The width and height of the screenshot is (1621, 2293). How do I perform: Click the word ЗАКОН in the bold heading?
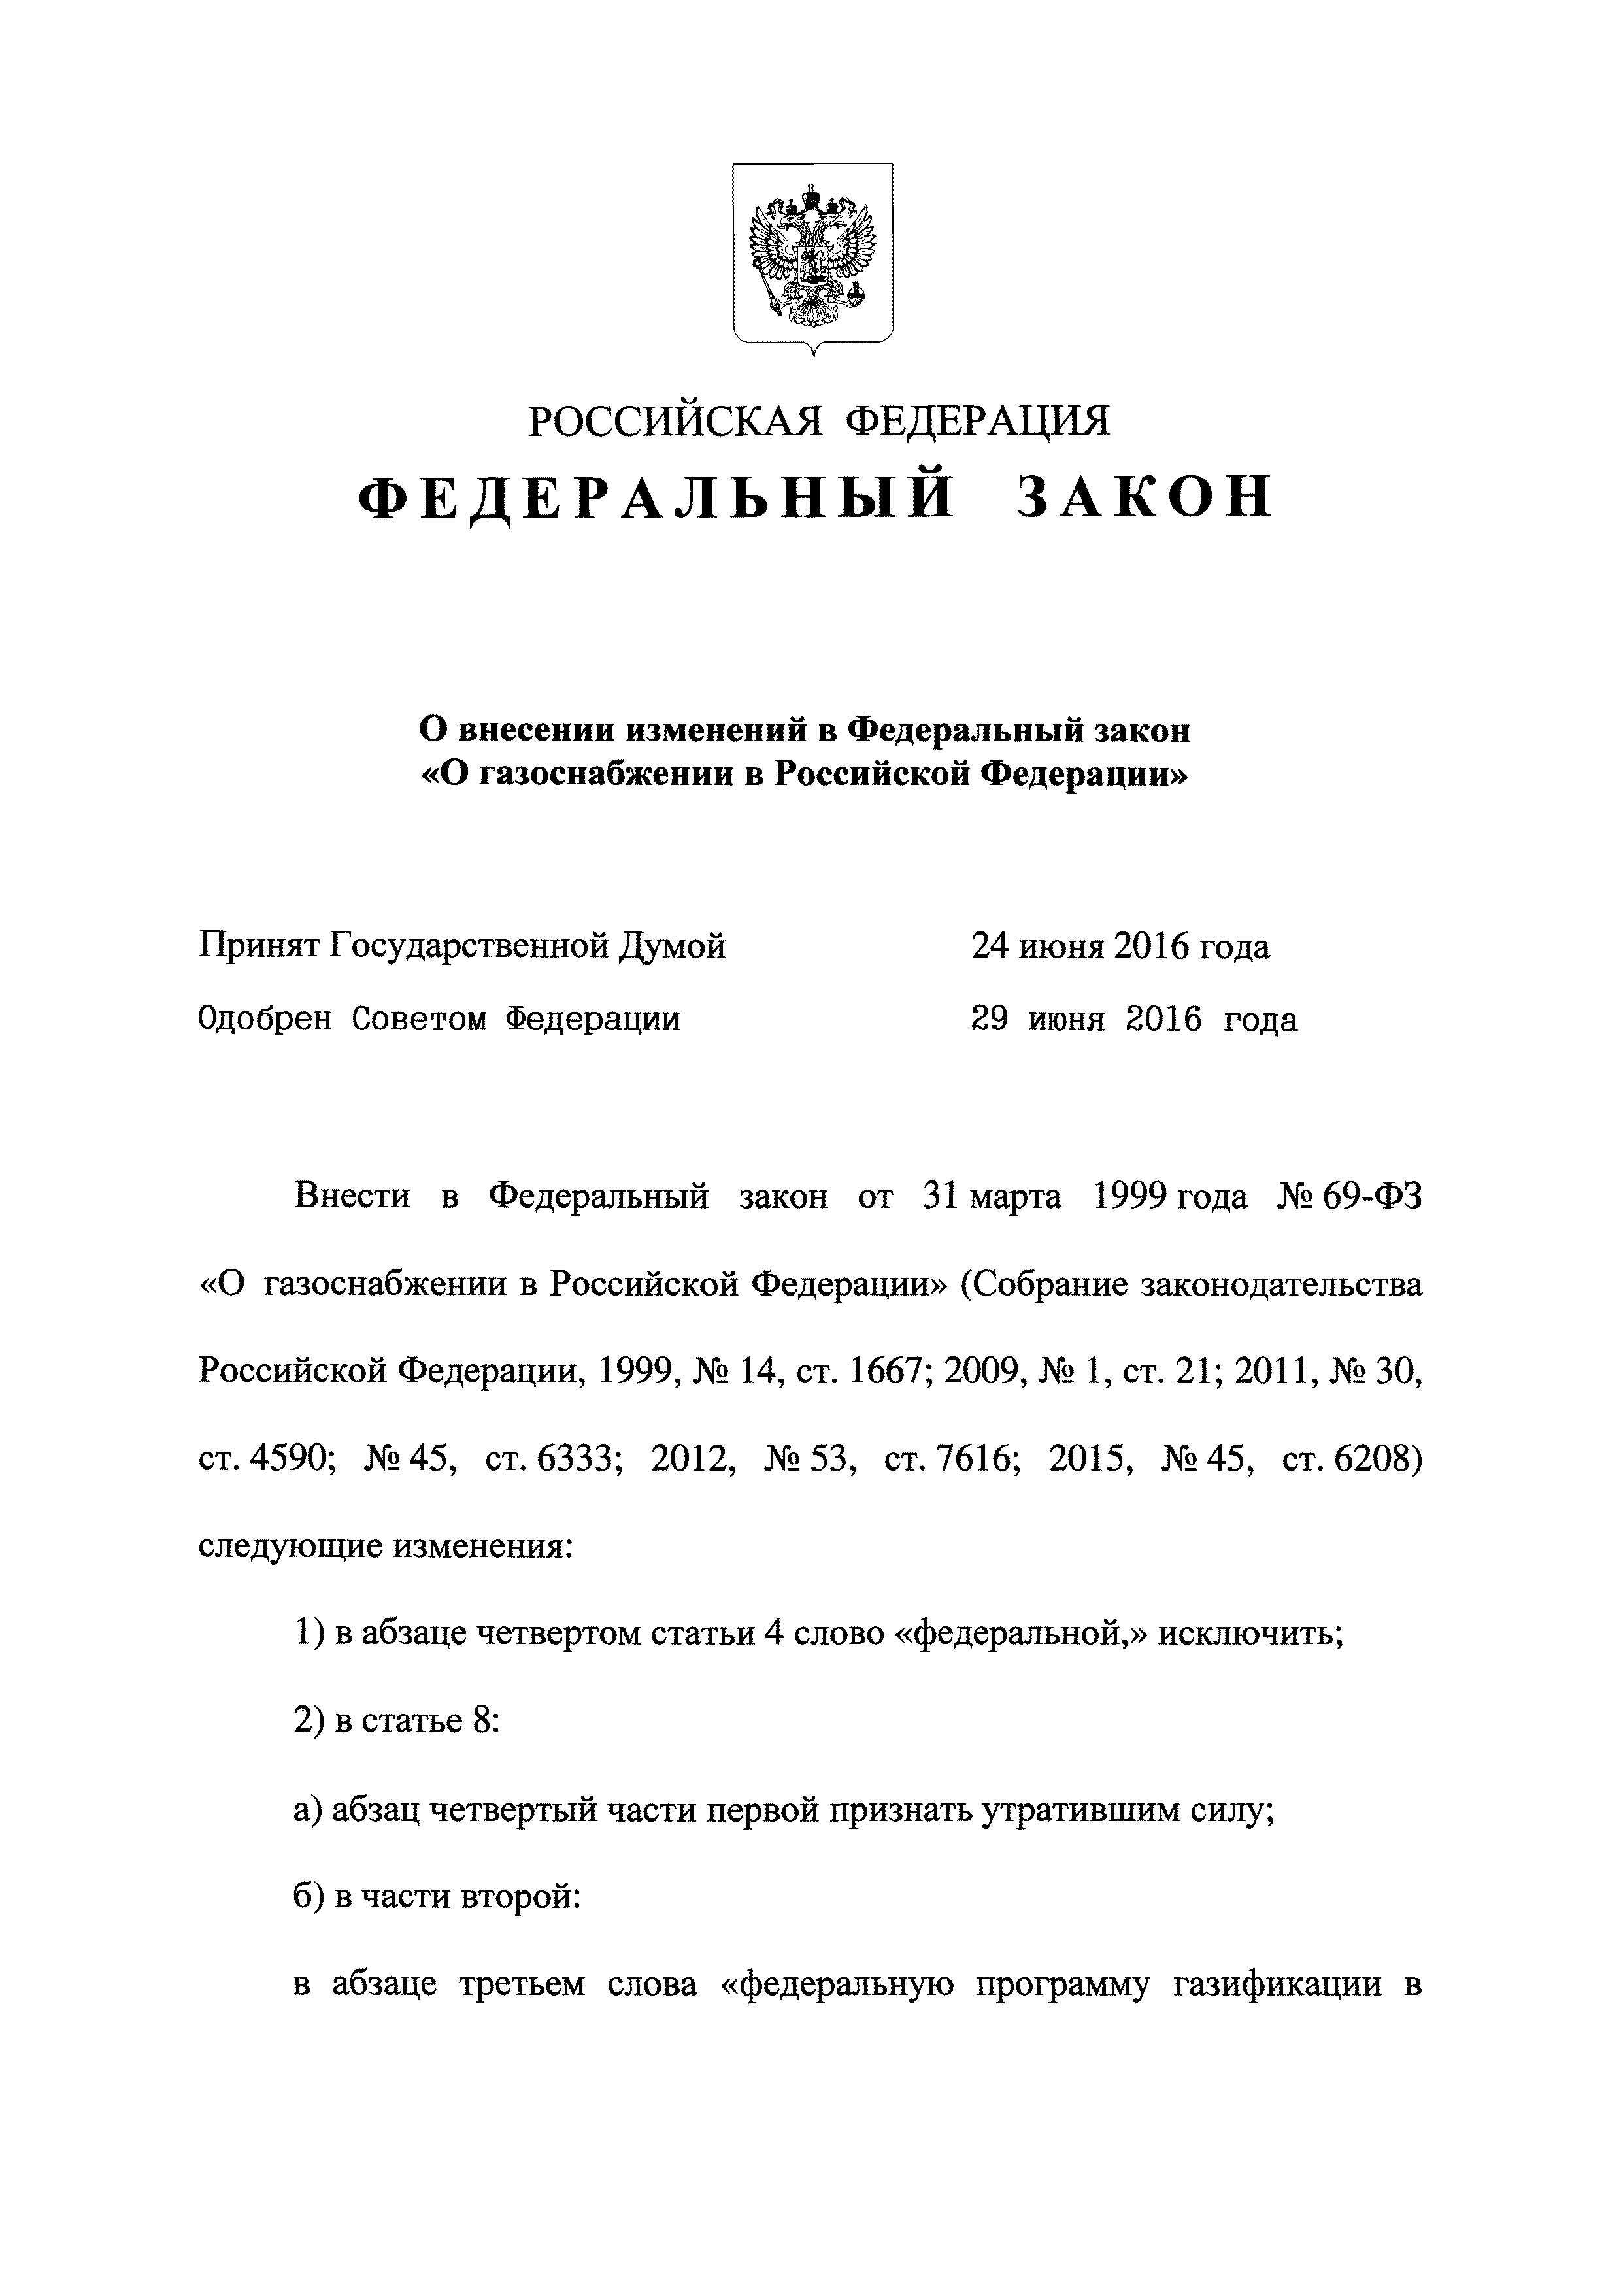pos(1144,498)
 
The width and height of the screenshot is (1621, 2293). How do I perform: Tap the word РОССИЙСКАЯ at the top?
pos(674,422)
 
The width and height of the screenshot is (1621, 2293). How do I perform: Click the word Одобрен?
pos(265,1020)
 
